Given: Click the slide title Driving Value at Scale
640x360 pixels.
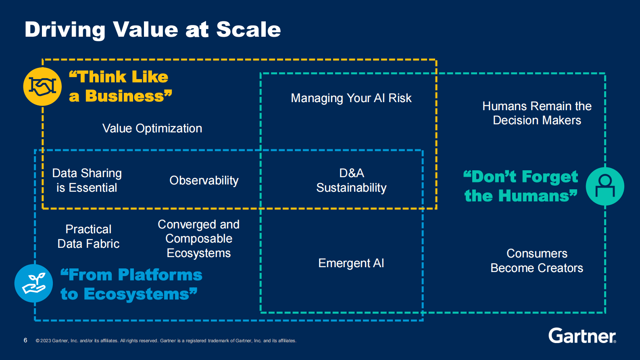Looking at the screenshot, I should [x=152, y=30].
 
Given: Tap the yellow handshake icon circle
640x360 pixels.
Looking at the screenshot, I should [x=42, y=87].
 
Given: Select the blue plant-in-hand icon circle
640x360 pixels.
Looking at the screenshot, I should [x=33, y=283].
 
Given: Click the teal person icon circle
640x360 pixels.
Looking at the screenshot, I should [x=605, y=186].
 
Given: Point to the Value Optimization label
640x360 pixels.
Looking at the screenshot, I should [x=152, y=128].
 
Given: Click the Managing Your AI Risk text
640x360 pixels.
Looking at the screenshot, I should [x=351, y=98].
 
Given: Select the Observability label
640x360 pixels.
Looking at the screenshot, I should [x=204, y=180].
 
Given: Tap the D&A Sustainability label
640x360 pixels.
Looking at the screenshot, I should [x=351, y=180].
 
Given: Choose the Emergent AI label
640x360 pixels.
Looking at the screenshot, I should [x=351, y=263].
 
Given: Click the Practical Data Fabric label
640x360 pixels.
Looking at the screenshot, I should [x=88, y=237].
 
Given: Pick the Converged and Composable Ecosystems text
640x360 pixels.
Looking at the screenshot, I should [x=198, y=239].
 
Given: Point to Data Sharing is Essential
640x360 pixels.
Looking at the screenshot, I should [x=87, y=180].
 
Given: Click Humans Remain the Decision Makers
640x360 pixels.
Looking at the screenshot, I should [x=537, y=113].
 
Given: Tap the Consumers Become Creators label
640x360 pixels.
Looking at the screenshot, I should [x=537, y=261].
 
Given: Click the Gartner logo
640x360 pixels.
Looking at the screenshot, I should [x=582, y=336].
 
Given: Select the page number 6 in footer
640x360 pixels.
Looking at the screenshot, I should [x=25, y=340].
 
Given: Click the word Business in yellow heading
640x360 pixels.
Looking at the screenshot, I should [x=125, y=96].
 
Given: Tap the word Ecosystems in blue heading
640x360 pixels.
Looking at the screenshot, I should [x=136, y=294].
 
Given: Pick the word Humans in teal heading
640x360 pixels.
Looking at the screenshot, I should [x=534, y=196].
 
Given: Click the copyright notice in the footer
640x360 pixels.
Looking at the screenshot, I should [x=166, y=341].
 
